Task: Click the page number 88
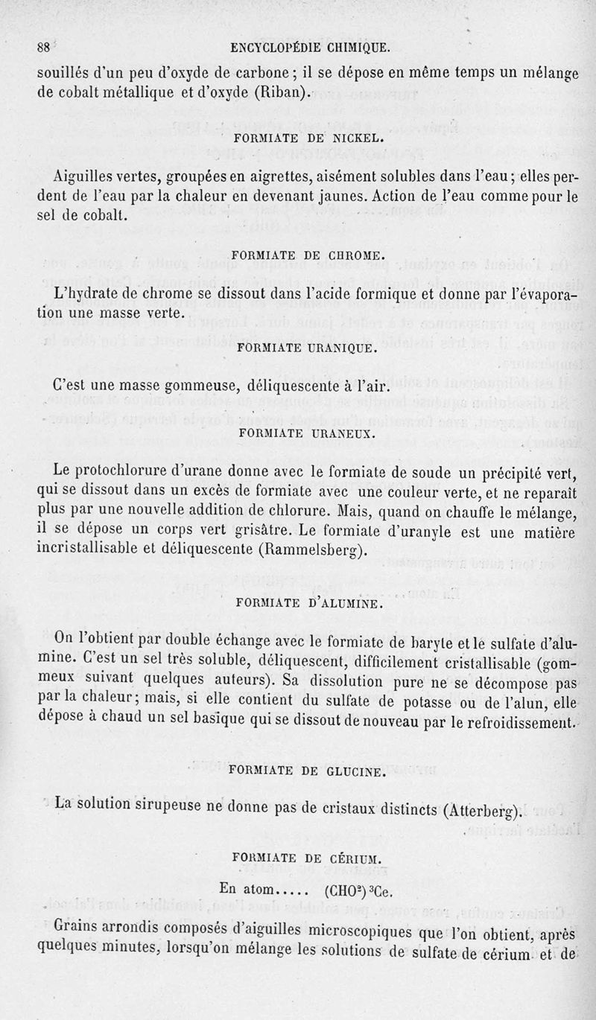[x=44, y=46]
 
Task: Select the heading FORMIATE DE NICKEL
[x=308, y=138]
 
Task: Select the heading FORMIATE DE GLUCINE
[x=308, y=771]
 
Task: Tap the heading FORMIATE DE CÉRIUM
[x=308, y=858]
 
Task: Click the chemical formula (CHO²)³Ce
[x=358, y=890]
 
